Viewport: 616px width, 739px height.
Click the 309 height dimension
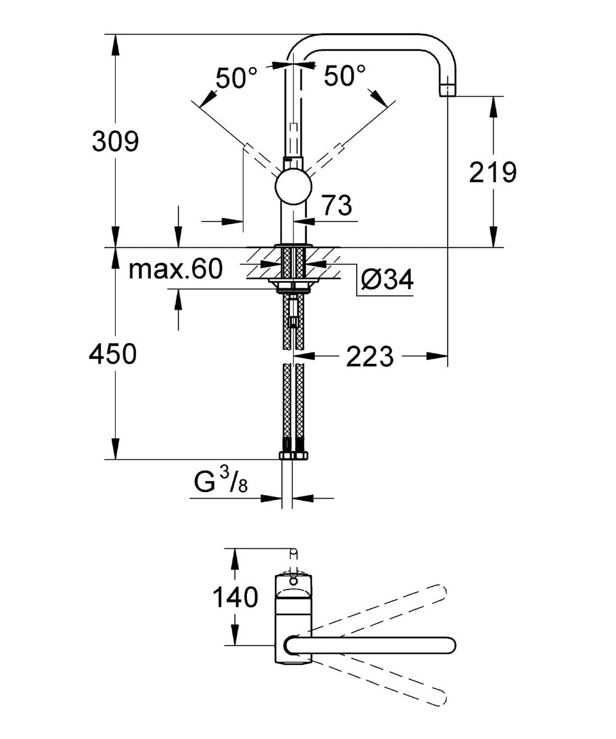click(x=115, y=142)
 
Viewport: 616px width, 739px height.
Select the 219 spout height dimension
click(x=492, y=172)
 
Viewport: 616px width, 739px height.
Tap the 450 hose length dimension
click(x=113, y=353)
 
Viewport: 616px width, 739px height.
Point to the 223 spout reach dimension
click(x=370, y=357)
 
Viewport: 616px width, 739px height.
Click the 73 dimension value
click(x=338, y=205)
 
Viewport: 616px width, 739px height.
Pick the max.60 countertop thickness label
click(x=176, y=269)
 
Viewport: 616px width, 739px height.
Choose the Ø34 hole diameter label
click(x=387, y=280)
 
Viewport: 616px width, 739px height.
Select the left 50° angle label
click(x=237, y=77)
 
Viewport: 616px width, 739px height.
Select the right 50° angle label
click(x=344, y=75)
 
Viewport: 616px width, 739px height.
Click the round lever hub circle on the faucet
click(x=293, y=187)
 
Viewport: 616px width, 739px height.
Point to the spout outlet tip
click(x=447, y=91)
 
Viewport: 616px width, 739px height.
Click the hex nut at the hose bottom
click(x=293, y=455)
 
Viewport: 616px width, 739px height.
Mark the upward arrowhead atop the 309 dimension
click(x=115, y=45)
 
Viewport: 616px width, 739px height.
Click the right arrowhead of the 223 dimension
click(x=437, y=356)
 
